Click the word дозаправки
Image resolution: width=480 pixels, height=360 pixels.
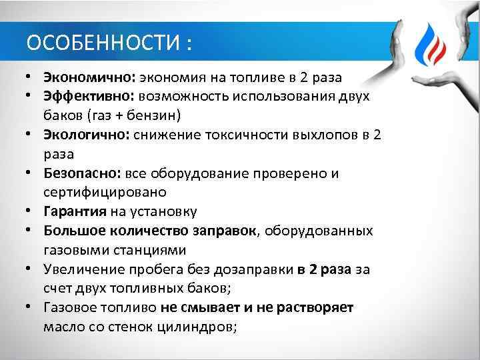pyautogui.click(x=257, y=270)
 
